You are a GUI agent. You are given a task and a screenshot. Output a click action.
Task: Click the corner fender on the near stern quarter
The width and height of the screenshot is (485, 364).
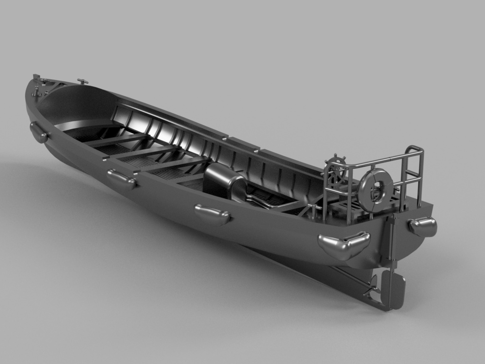(344, 245)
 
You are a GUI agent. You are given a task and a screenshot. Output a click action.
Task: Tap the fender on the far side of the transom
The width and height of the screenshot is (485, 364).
(423, 226)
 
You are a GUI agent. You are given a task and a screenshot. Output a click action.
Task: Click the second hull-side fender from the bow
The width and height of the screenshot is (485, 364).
(121, 180)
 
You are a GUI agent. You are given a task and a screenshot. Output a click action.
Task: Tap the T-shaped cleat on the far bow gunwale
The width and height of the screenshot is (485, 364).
(83, 82)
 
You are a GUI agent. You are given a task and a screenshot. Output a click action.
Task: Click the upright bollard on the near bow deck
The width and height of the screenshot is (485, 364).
(36, 91)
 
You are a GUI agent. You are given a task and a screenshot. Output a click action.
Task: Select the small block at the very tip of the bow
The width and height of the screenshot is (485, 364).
(36, 76)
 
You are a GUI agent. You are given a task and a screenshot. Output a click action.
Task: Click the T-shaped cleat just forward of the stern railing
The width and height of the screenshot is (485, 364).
(313, 209)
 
